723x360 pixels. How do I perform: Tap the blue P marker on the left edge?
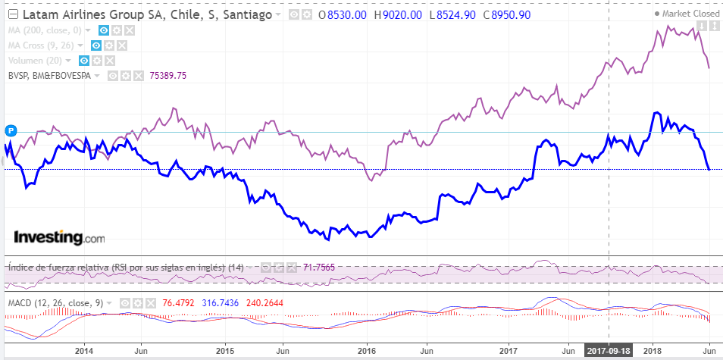coord(11,131)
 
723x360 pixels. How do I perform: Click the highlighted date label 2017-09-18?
coord(609,352)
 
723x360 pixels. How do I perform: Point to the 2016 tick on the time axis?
coord(366,352)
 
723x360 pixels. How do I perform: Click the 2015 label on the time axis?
coord(225,352)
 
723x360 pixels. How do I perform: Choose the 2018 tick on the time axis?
coord(652,352)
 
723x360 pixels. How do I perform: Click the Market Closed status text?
coord(690,14)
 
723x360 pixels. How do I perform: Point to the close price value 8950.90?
coord(512,14)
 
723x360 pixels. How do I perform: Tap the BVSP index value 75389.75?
coord(168,75)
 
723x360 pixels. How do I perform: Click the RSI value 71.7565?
coord(320,267)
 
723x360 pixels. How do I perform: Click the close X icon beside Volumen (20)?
coord(111,60)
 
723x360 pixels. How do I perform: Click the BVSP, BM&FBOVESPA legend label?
coord(50,75)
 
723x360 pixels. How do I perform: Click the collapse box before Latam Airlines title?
coord(12,14)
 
